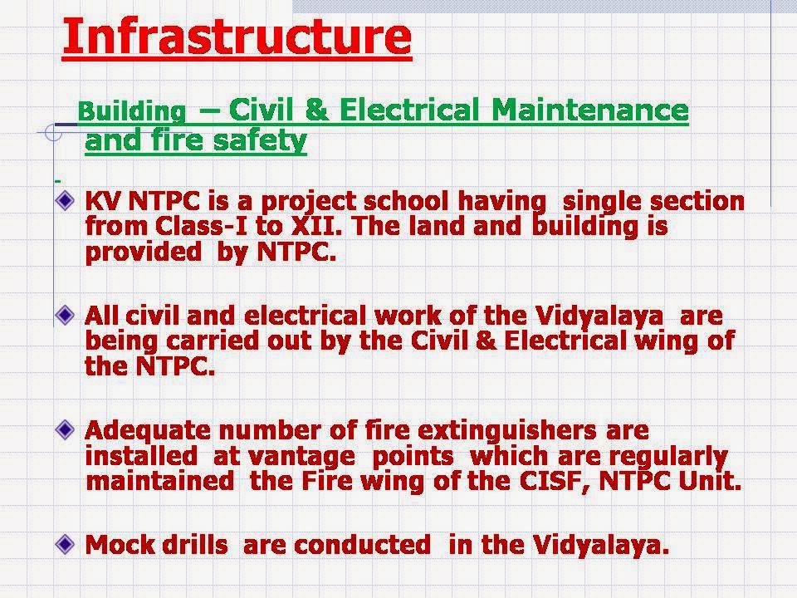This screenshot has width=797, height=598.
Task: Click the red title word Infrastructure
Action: pos(237,37)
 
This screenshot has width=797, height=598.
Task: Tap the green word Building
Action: pos(131,110)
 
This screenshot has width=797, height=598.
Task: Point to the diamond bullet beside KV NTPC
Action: pos(66,200)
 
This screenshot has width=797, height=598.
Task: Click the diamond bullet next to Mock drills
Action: pos(66,544)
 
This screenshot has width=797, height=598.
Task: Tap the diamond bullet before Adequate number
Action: pos(66,430)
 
